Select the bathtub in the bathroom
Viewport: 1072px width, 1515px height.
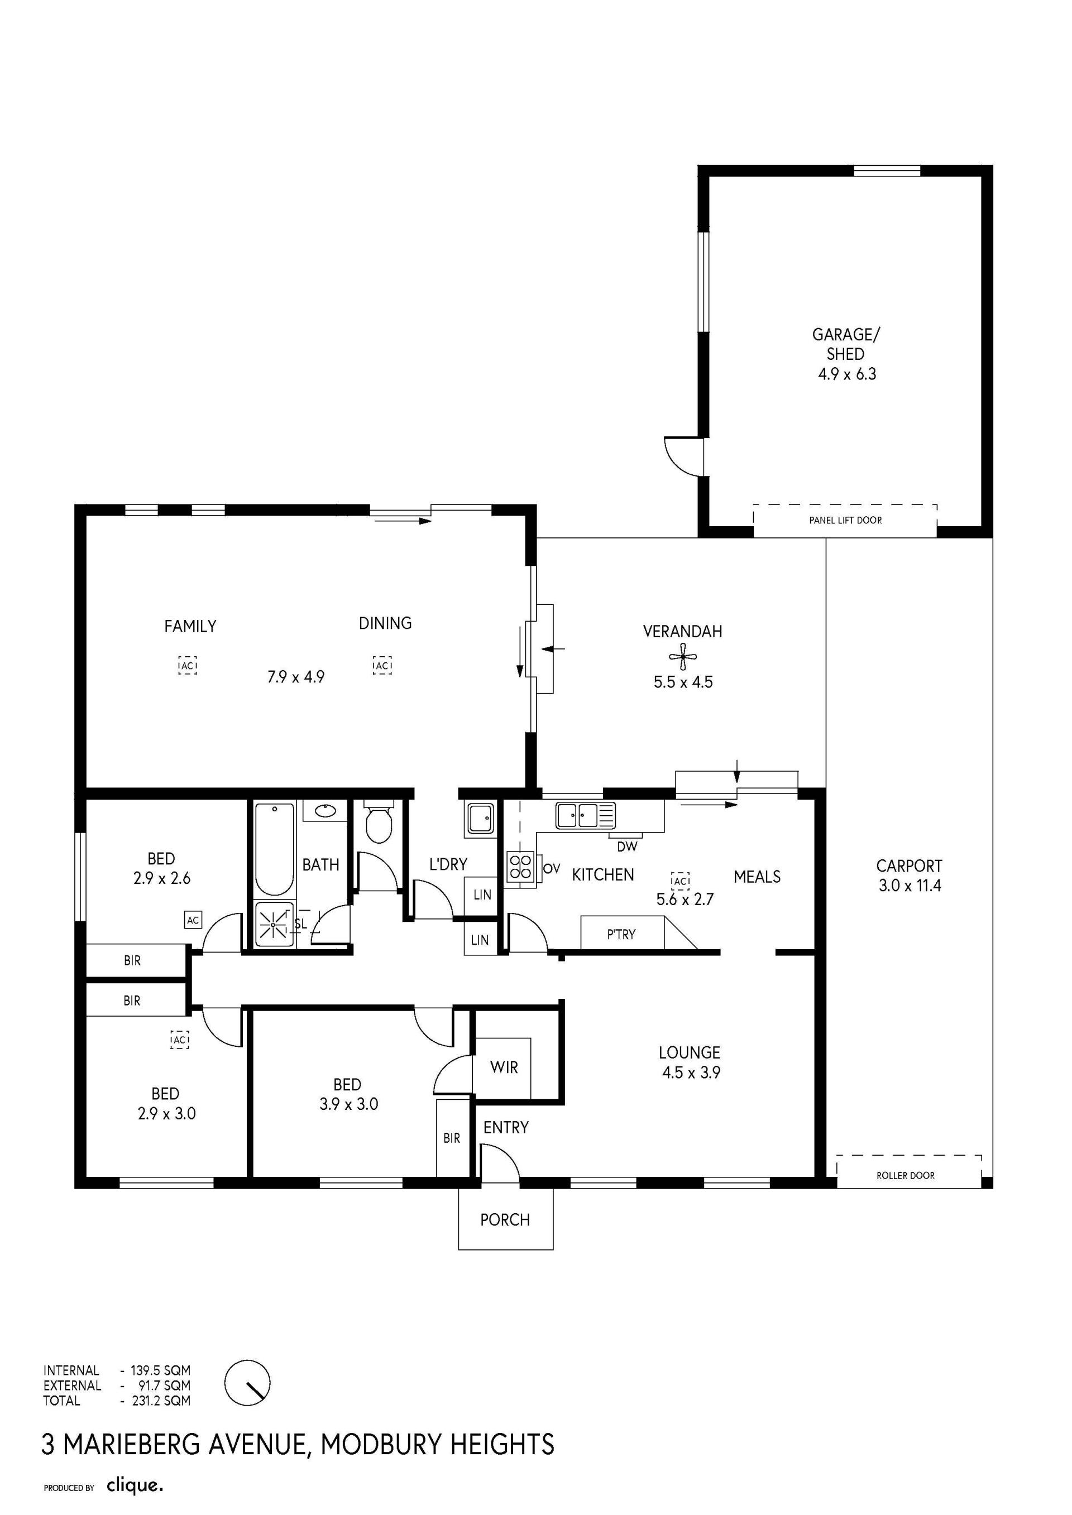[x=274, y=848]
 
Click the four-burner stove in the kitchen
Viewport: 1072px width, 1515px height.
[x=520, y=867]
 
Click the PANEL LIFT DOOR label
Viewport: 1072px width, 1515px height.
[x=845, y=520]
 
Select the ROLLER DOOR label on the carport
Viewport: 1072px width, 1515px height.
[x=905, y=1175]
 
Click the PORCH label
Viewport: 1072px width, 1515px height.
[x=505, y=1219]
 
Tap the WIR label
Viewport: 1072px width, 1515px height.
[x=504, y=1067]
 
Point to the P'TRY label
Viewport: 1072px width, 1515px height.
[x=621, y=934]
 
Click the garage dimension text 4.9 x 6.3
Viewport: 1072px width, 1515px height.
[x=847, y=374]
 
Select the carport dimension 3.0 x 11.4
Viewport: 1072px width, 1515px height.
[x=910, y=886]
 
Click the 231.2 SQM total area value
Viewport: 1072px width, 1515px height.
[x=161, y=1400]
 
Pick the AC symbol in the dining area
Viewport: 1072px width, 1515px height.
[x=382, y=666]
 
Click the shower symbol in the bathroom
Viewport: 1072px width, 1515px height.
[x=273, y=924]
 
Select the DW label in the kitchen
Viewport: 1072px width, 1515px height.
[x=627, y=847]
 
